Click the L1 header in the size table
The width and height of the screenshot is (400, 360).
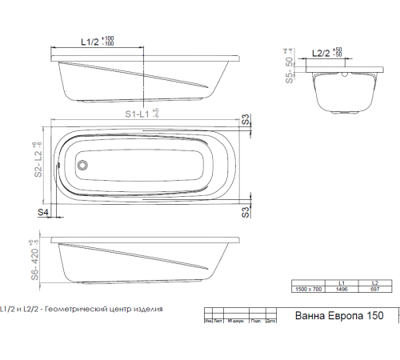(x=342, y=282)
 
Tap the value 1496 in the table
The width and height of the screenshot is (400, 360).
(x=342, y=289)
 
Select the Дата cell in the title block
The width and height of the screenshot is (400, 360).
(x=270, y=322)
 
